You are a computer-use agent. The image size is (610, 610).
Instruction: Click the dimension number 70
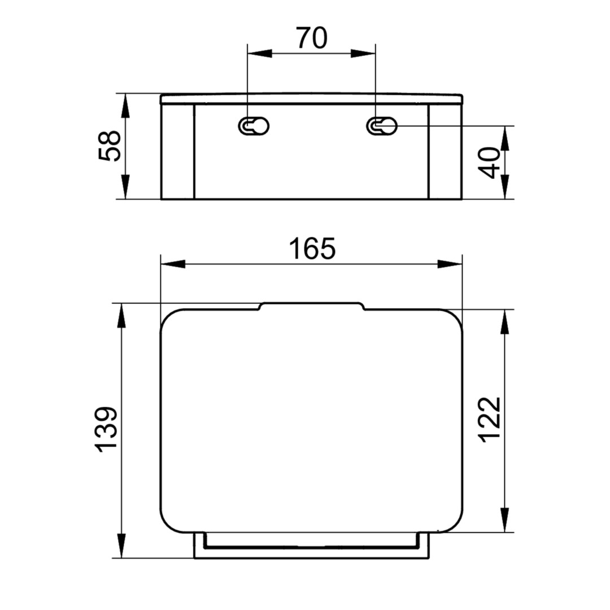tap(312, 38)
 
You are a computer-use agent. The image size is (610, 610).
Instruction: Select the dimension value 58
tap(110, 146)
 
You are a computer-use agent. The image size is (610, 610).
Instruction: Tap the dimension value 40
tap(489, 163)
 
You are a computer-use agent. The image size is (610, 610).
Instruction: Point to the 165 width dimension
tap(312, 249)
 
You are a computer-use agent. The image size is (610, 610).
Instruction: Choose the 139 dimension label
tap(106, 429)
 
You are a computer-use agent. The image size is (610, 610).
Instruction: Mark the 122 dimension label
tap(489, 420)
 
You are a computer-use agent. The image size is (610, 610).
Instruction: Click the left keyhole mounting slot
tap(254, 126)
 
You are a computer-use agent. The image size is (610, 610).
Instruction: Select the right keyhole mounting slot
tap(382, 126)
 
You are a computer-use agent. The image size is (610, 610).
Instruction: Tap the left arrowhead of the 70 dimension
tap(259, 54)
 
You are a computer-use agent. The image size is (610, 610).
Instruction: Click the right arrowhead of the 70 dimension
tap(363, 54)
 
